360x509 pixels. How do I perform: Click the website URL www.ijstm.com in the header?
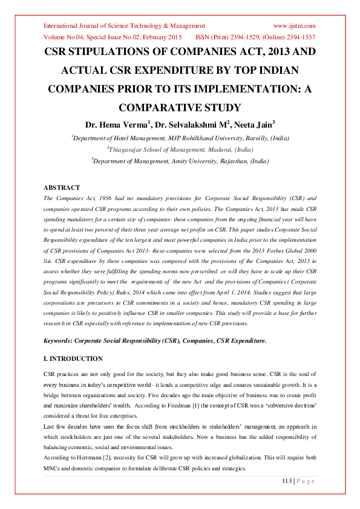coord(294,26)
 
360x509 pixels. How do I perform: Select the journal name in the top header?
coord(124,26)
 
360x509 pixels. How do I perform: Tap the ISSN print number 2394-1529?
coord(252,37)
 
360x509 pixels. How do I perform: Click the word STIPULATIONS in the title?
coord(109,53)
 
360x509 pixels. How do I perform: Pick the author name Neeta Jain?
coord(254,125)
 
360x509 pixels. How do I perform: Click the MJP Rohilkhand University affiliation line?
coord(180,138)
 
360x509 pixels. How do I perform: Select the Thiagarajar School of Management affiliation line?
coord(180,149)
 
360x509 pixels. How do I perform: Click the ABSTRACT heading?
coord(62,187)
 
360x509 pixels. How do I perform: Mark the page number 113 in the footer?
coord(287,481)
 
